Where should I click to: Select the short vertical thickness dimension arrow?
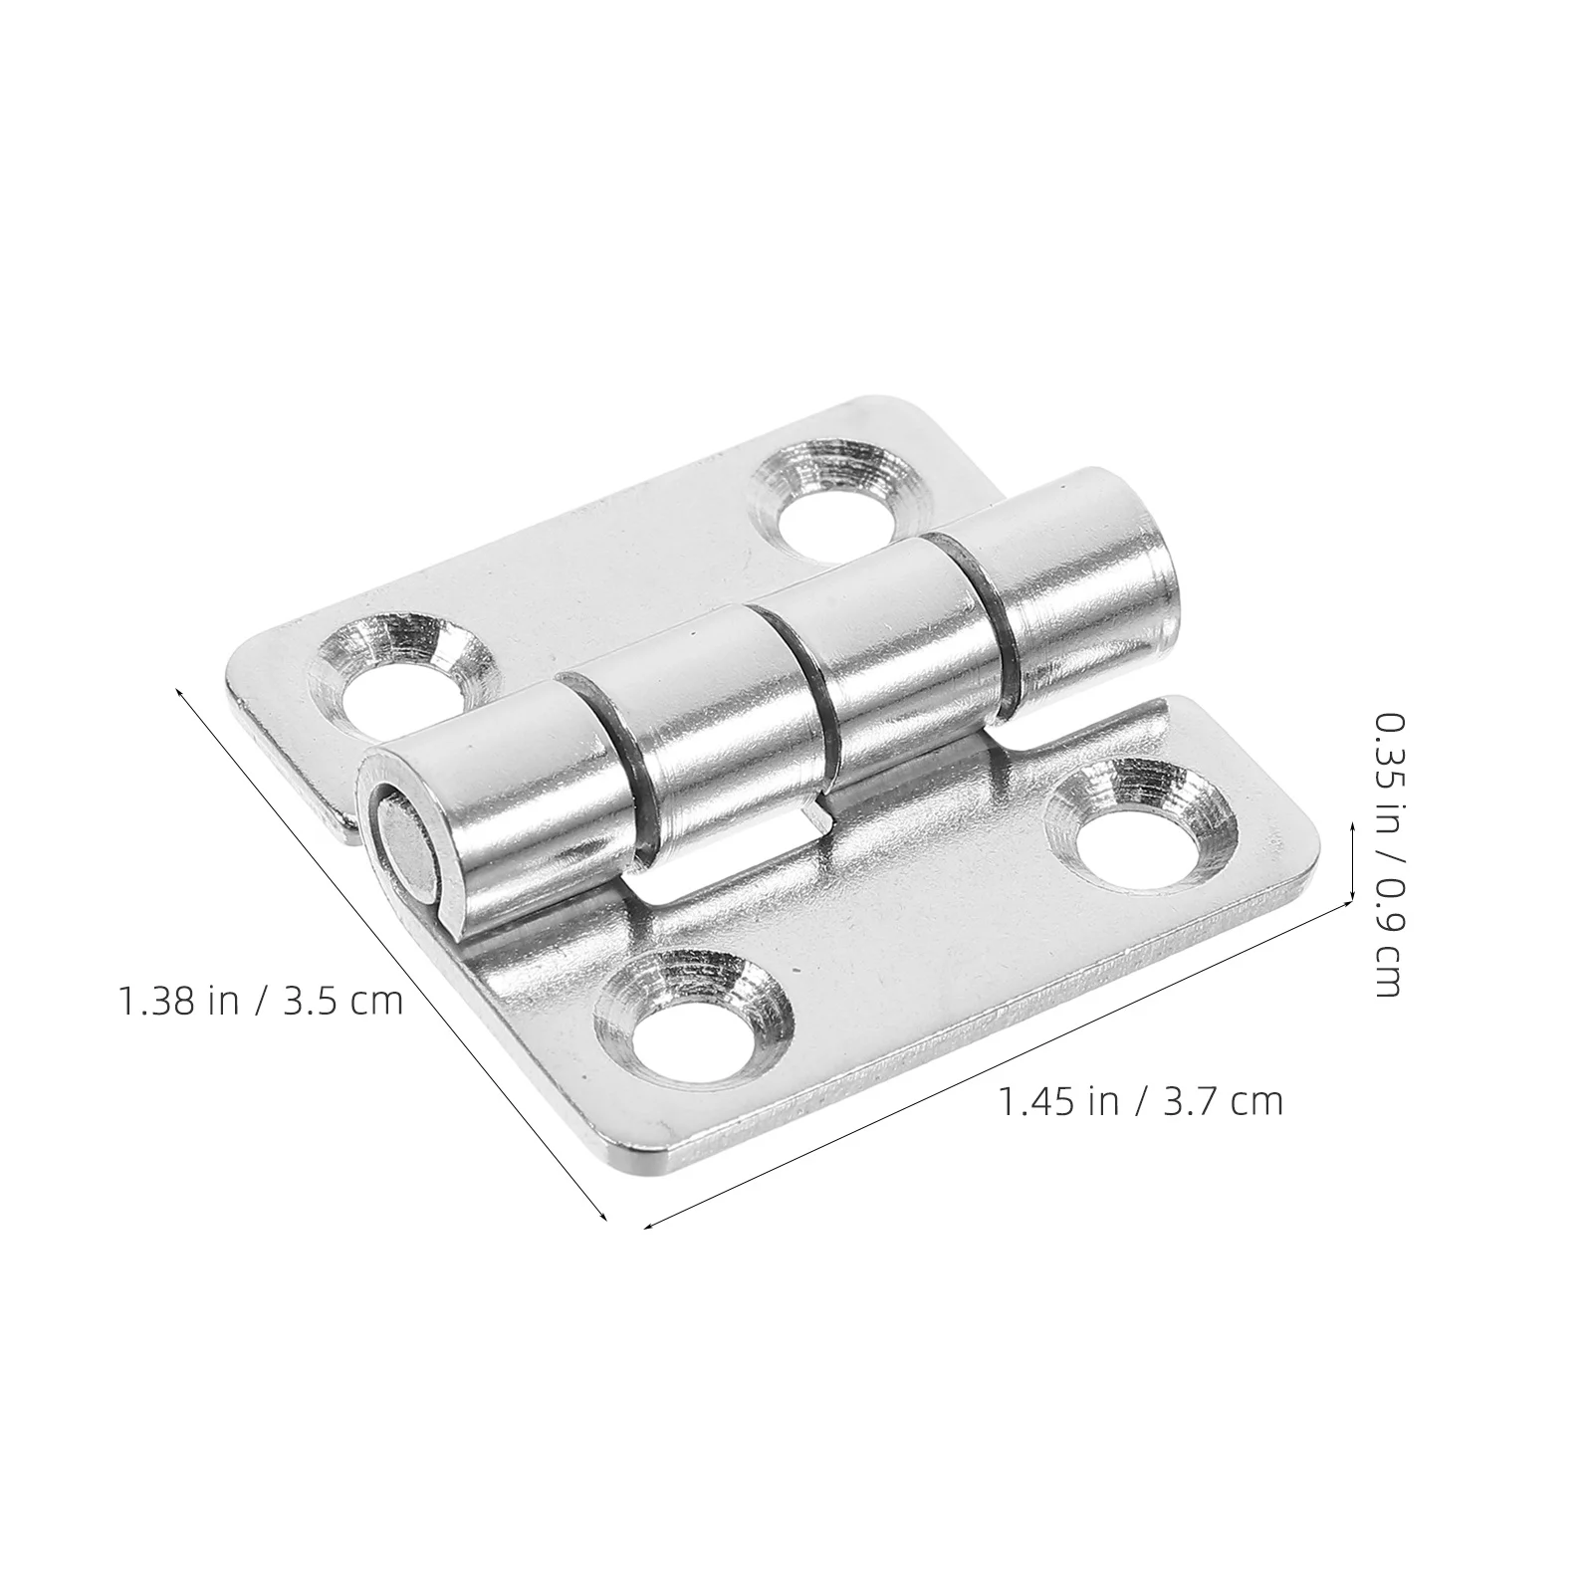pos(1352,862)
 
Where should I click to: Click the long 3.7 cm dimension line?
pos(996,1060)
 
